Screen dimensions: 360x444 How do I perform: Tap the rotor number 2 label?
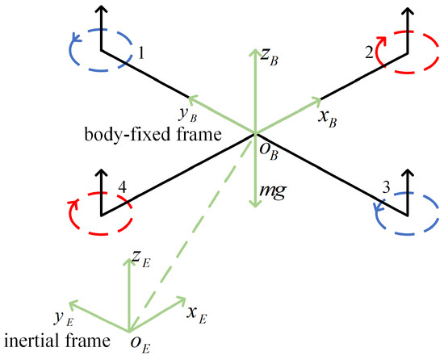click(x=368, y=53)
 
